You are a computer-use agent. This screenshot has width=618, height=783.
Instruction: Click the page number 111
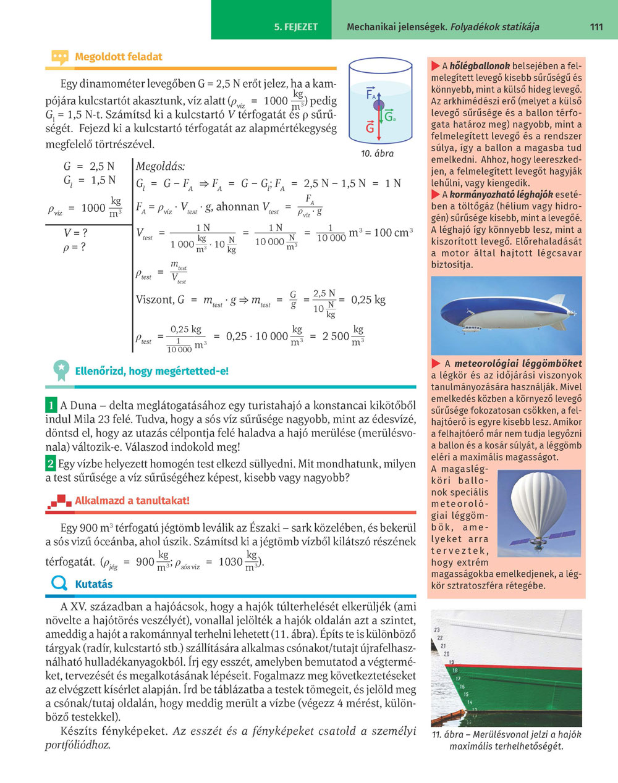click(x=596, y=27)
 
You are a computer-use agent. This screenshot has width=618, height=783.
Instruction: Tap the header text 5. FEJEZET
click(x=295, y=27)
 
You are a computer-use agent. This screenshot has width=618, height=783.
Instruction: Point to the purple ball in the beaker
click(x=378, y=105)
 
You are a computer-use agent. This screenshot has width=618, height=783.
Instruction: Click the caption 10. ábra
click(x=377, y=153)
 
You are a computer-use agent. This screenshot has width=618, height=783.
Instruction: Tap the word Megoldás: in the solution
click(x=160, y=166)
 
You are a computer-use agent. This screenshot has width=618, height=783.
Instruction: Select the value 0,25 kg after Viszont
click(x=368, y=299)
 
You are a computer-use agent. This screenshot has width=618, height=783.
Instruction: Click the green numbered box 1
click(x=51, y=406)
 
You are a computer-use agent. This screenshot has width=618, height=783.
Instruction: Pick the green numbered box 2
click(x=51, y=463)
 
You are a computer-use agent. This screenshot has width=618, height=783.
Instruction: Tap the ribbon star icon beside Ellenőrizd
click(x=61, y=369)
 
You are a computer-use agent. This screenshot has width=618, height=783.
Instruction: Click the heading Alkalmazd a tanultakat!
click(x=132, y=500)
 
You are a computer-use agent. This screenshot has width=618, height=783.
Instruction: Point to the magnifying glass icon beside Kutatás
click(x=59, y=584)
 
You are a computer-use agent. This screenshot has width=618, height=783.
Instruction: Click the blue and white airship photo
click(x=506, y=314)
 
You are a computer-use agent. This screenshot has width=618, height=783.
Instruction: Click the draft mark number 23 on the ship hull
click(x=438, y=629)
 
